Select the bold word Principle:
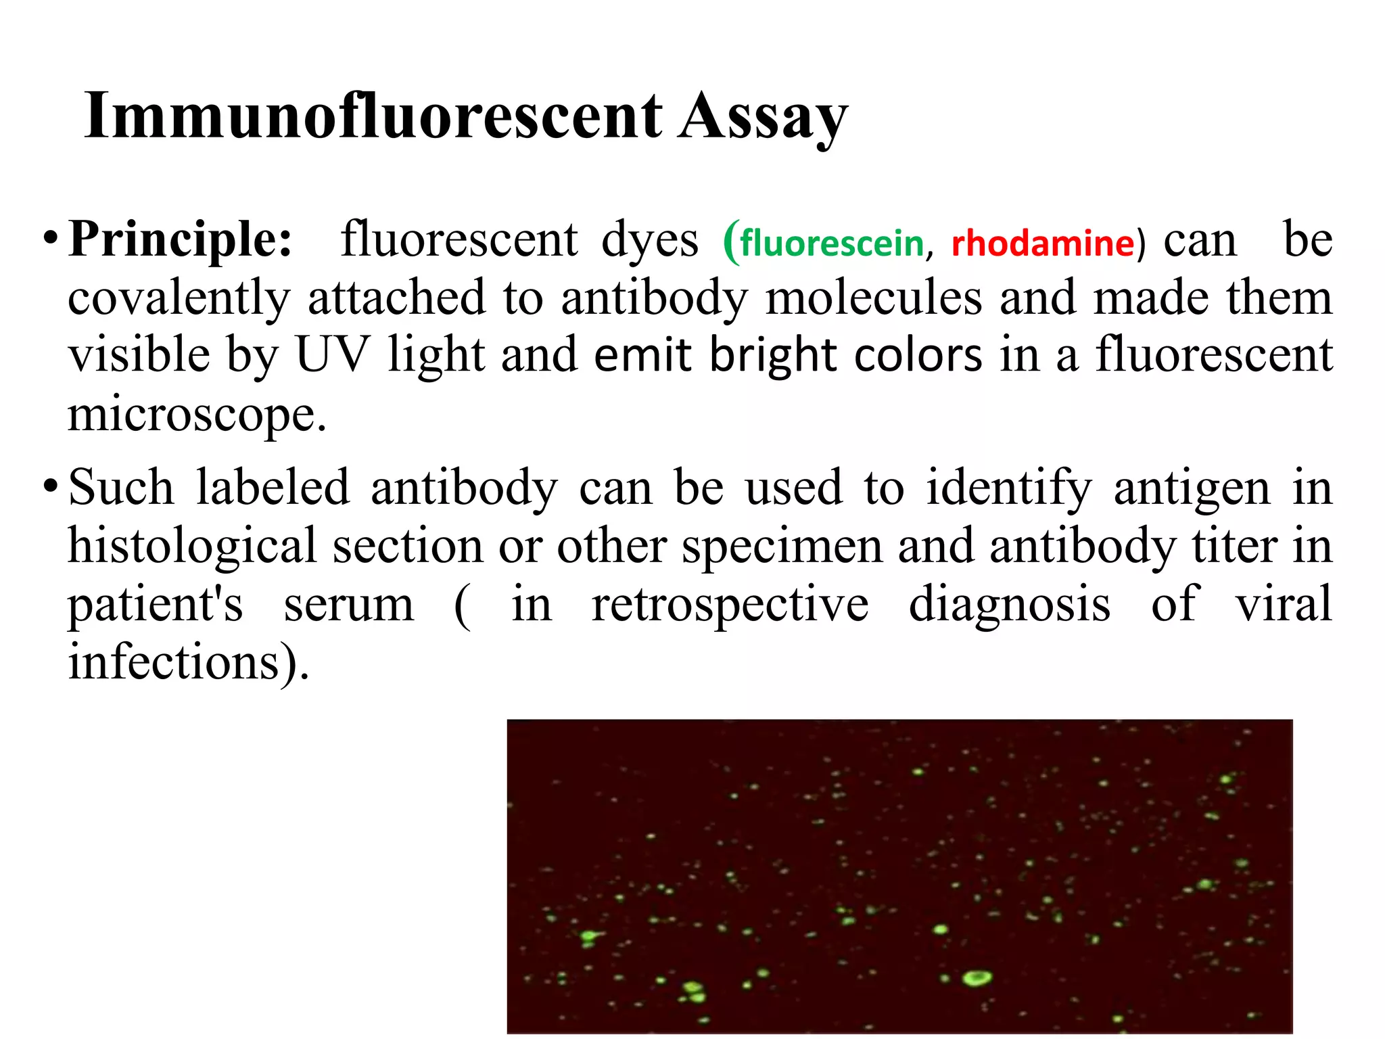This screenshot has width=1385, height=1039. click(x=181, y=240)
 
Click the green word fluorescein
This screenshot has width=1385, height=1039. click(x=832, y=244)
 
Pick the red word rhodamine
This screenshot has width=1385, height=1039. click(x=1042, y=244)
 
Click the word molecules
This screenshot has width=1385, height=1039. click(x=873, y=298)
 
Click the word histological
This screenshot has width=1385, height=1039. click(x=192, y=546)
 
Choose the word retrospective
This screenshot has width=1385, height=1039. click(x=730, y=605)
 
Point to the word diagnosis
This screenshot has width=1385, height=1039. click(x=1009, y=605)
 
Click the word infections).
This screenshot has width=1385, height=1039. click(x=189, y=662)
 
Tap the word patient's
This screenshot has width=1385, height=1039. click(x=155, y=605)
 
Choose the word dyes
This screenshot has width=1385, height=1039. click(x=650, y=241)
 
